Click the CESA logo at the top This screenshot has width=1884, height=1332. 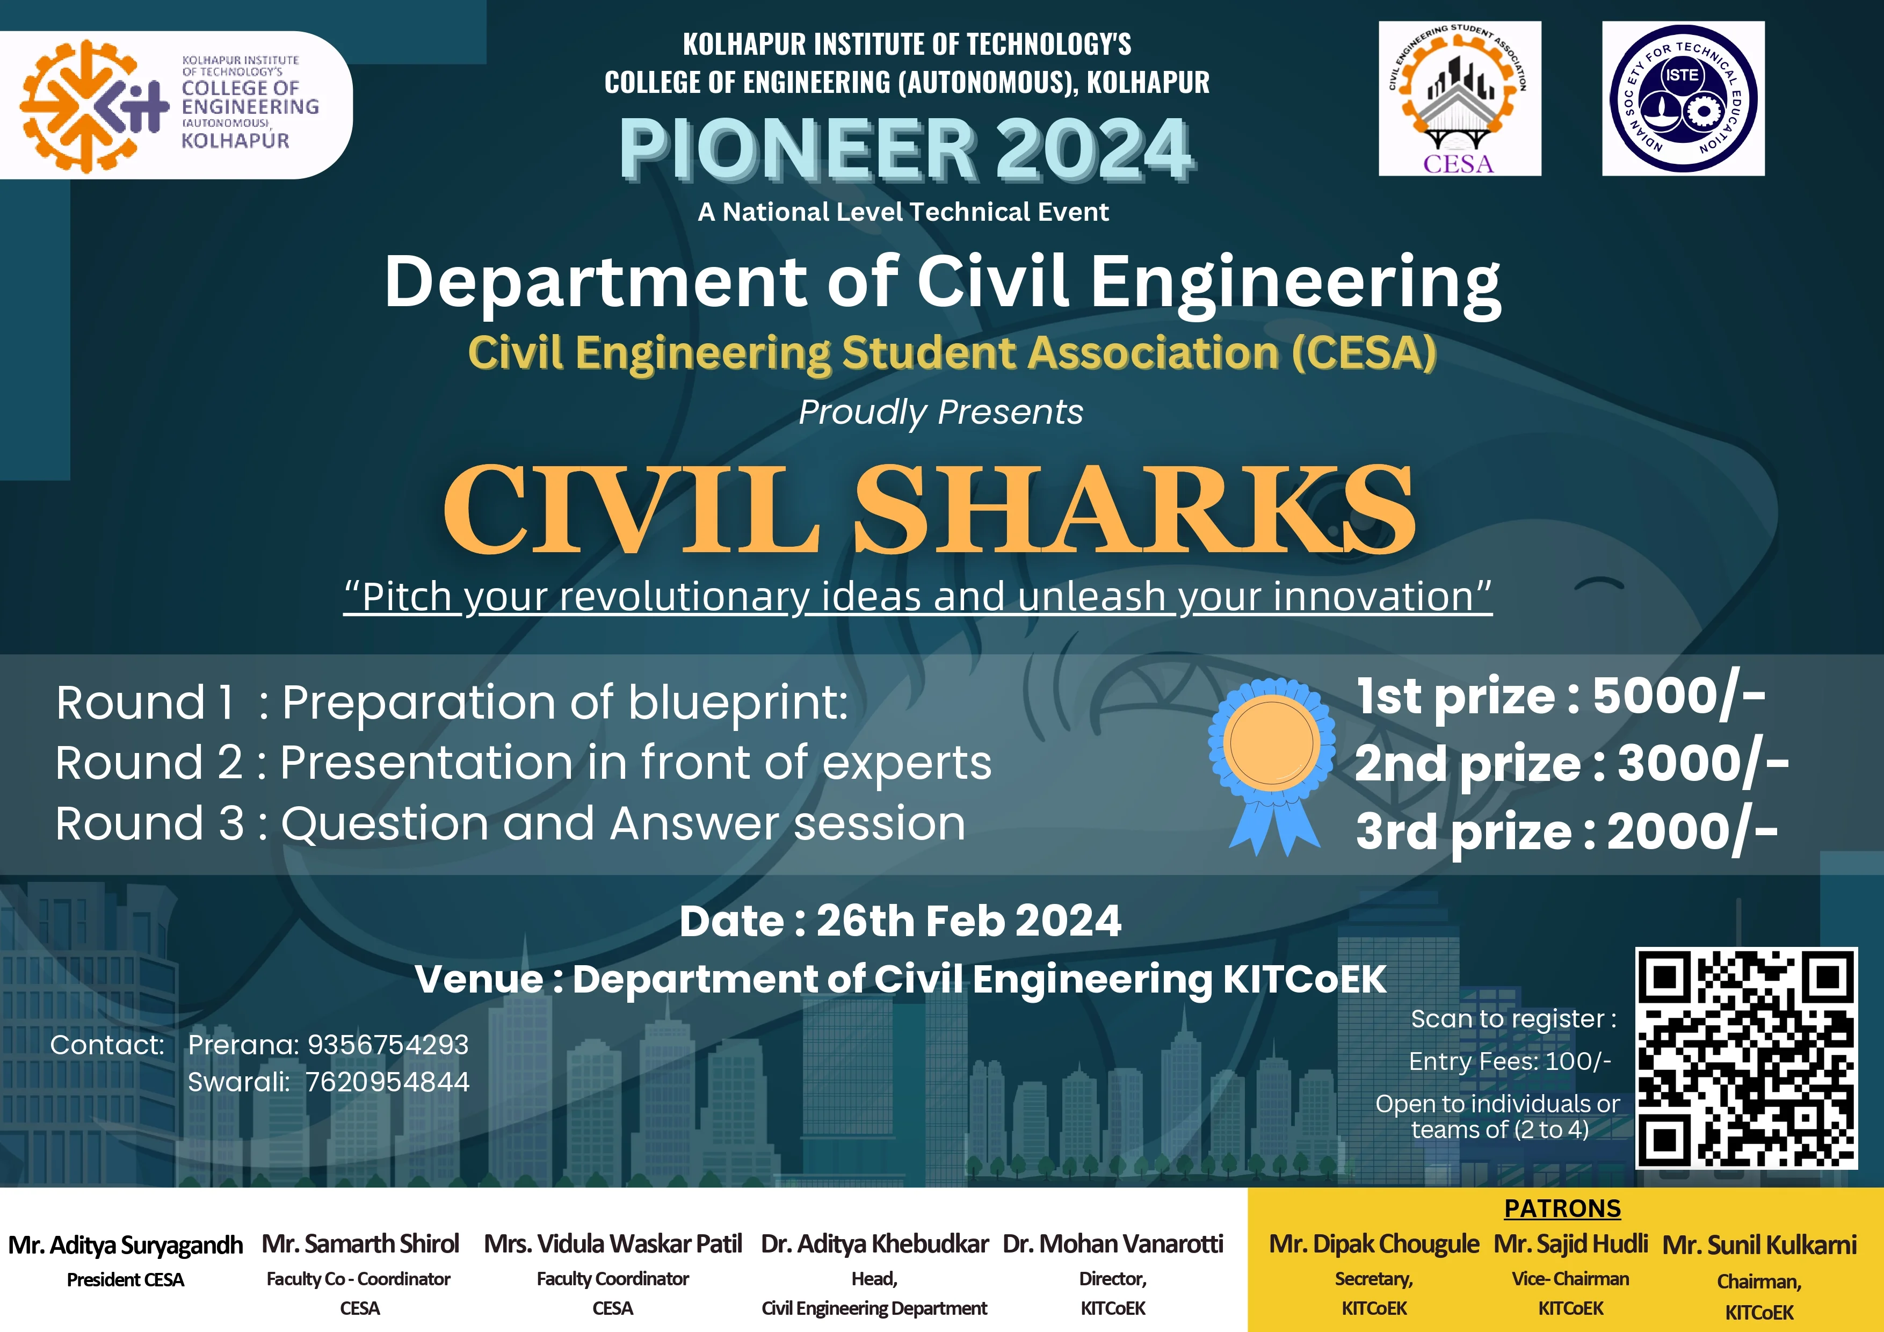(x=1459, y=98)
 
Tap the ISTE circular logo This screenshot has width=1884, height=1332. (x=1683, y=98)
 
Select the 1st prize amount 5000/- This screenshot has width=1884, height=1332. (x=1679, y=698)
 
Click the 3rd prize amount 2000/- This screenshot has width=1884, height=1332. (x=1692, y=832)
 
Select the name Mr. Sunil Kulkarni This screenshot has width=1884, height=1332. (x=1759, y=1245)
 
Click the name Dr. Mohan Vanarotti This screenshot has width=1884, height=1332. (x=1113, y=1244)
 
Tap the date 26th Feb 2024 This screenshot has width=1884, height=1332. (x=968, y=921)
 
